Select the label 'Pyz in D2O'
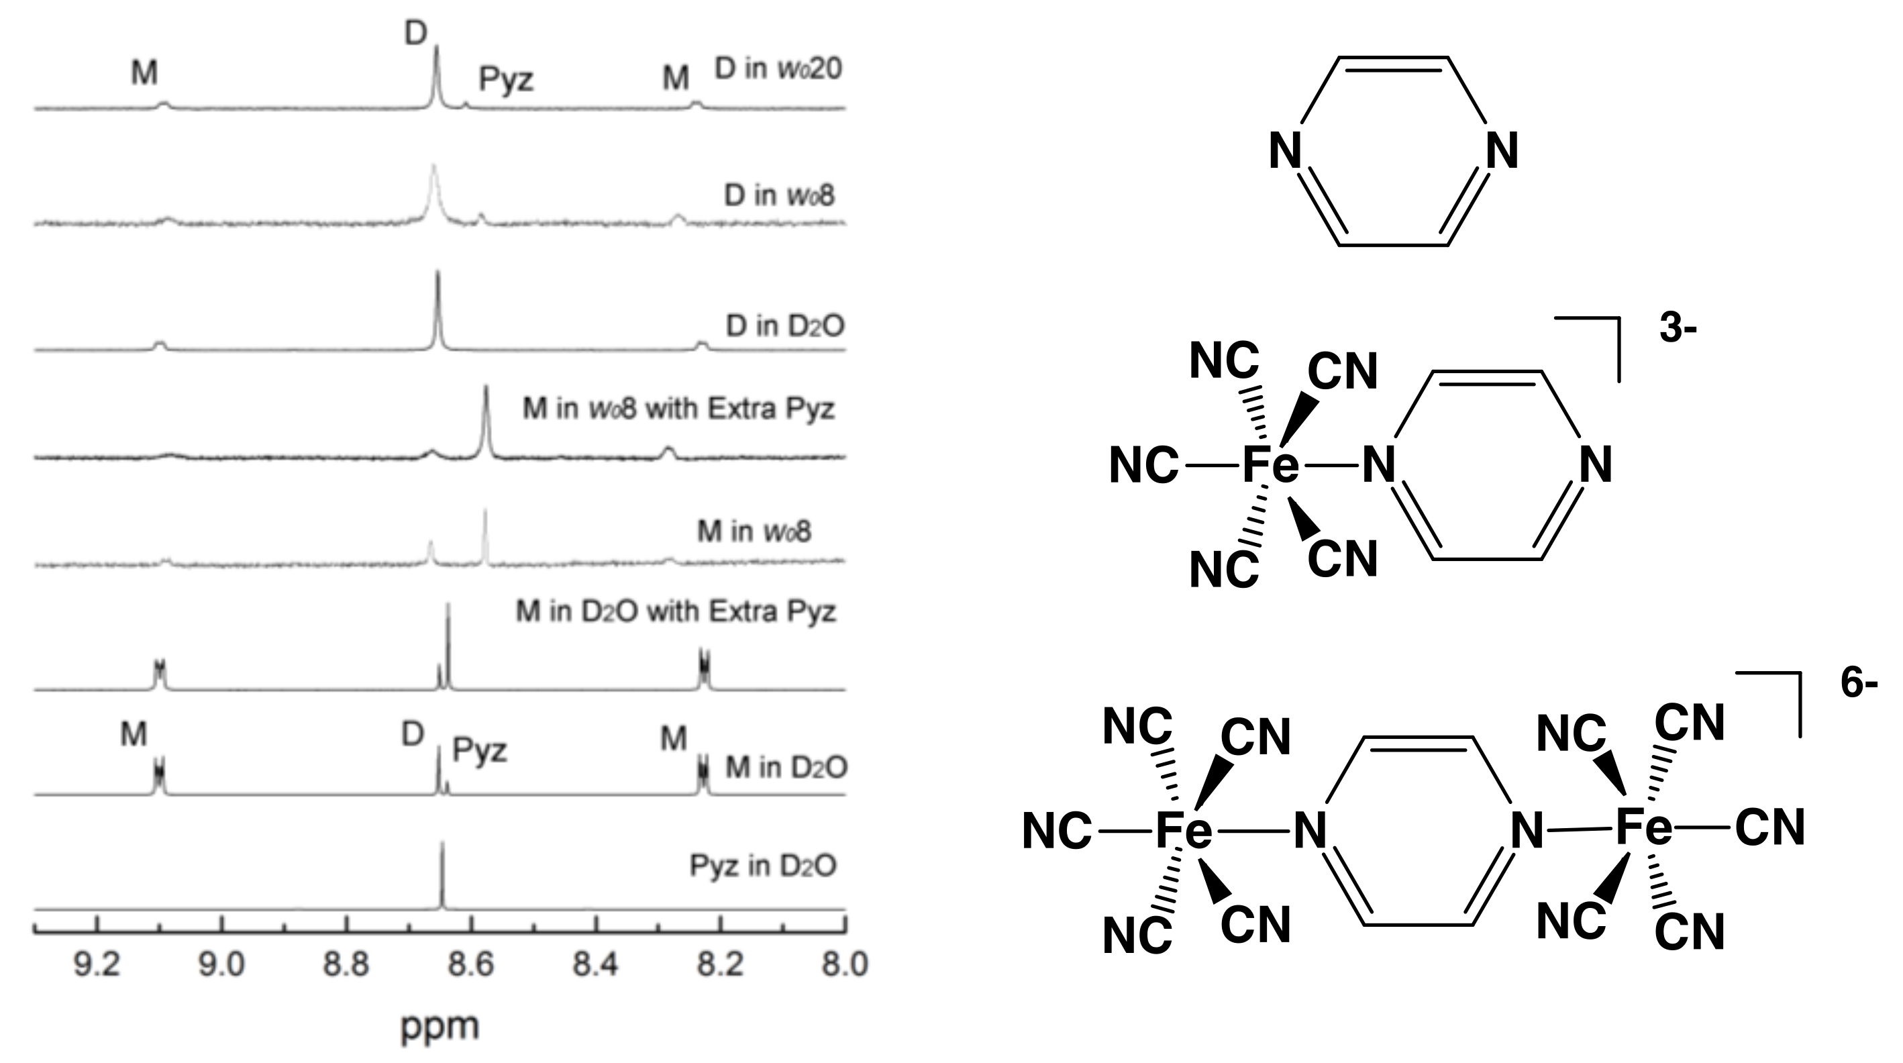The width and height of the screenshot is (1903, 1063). coord(762,866)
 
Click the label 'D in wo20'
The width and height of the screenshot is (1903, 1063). coord(778,68)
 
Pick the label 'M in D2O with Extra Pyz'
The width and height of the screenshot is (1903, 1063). coord(675,611)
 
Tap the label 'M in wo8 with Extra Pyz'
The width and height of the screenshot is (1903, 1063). coord(678,409)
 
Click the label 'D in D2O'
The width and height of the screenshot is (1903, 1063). coord(784,325)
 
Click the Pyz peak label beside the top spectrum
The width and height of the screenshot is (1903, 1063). coord(506,79)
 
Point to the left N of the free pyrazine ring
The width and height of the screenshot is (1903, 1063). coord(1285,152)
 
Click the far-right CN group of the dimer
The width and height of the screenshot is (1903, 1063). coord(1770,827)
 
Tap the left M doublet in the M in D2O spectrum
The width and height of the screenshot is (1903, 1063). coord(159,777)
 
